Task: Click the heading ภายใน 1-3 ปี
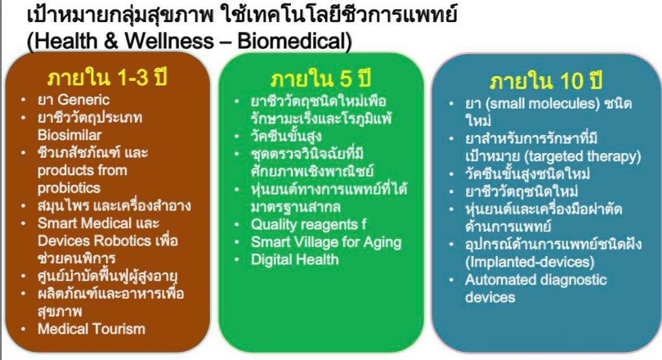coord(107,78)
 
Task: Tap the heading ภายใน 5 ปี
coord(321,79)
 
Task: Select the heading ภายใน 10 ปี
coord(546,81)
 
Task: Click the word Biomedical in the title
coord(294,41)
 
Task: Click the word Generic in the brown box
coord(83,100)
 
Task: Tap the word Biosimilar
coord(70,135)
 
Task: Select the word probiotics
coord(69,188)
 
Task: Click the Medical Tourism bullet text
coord(91,329)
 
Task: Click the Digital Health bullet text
coord(295,259)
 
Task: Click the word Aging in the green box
coord(383,242)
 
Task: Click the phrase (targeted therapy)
coord(582,156)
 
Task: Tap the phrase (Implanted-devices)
coord(530,262)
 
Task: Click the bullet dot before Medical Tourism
coord(24,329)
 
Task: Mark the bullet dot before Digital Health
coord(237,260)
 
